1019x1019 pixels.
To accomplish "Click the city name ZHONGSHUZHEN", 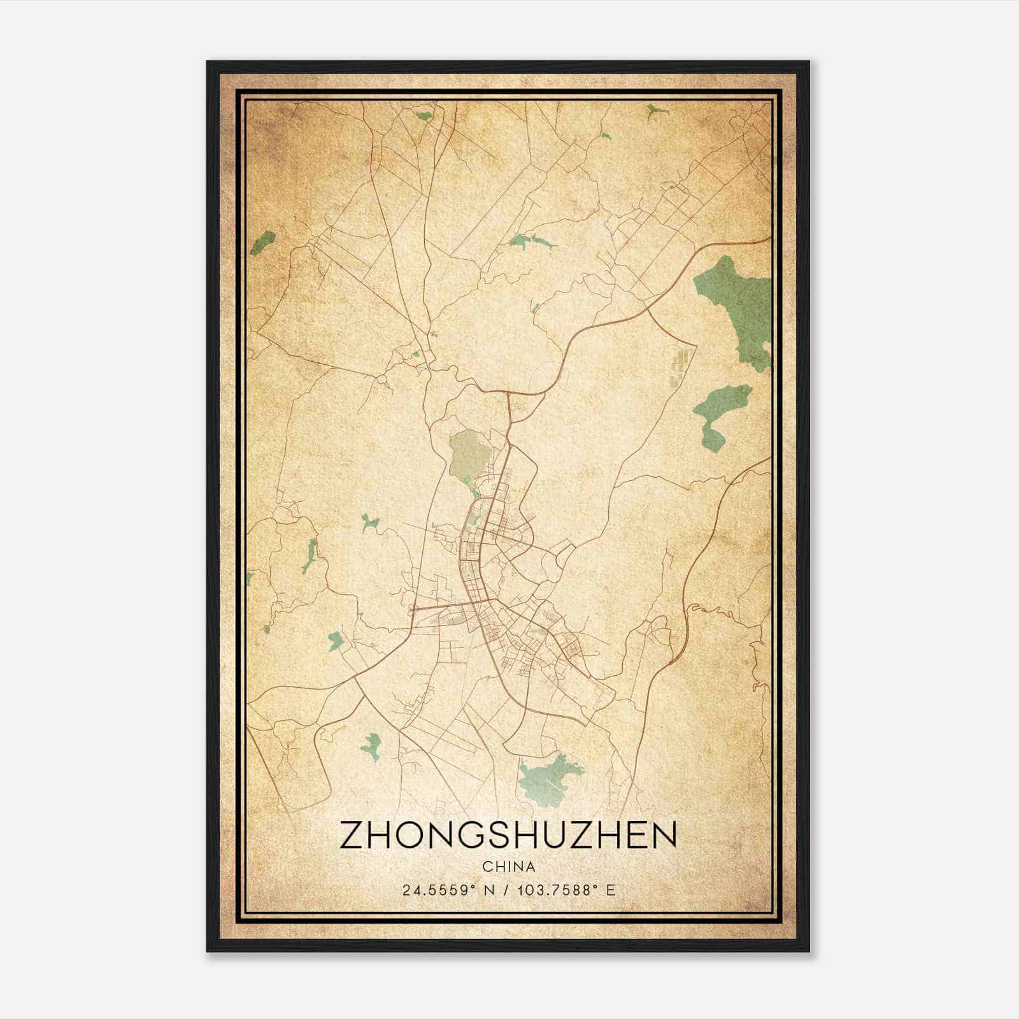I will [508, 835].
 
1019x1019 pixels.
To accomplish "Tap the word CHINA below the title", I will [508, 867].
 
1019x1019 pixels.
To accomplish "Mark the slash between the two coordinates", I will [507, 890].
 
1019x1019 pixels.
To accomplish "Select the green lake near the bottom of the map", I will [551, 778].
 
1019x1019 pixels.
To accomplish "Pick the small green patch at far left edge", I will [262, 243].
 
